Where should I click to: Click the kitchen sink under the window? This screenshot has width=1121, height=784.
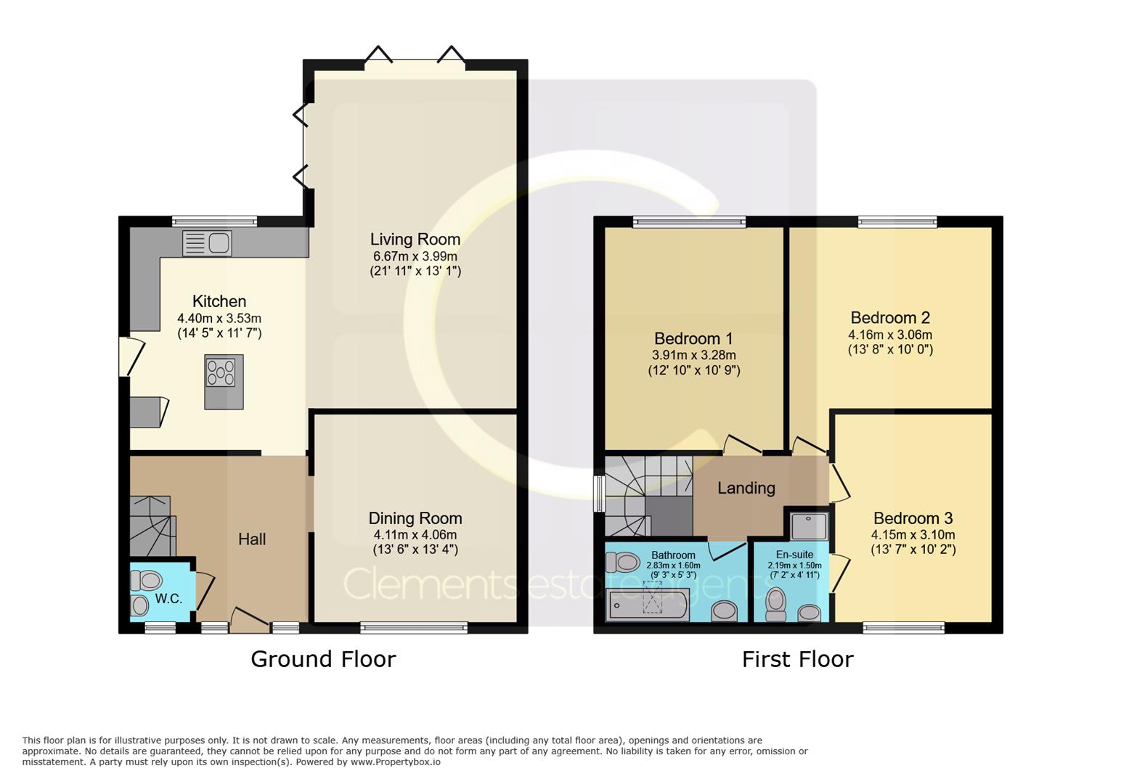tap(207, 243)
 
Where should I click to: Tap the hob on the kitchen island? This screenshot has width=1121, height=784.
tap(221, 372)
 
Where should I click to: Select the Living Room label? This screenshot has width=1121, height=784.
tap(415, 240)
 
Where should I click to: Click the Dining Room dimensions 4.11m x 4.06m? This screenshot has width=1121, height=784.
tap(415, 535)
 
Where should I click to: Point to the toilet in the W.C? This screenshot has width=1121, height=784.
tap(147, 581)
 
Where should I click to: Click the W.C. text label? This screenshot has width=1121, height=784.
tap(168, 599)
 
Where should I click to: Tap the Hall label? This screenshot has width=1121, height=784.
tap(252, 539)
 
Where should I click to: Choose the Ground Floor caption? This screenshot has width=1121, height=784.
tap(323, 659)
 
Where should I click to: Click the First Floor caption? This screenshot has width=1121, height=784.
tap(797, 659)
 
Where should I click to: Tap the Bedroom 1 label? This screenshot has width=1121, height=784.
tap(693, 339)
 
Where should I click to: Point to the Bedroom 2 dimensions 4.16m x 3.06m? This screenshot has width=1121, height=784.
tap(890, 335)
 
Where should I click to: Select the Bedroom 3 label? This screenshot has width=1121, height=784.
tap(913, 518)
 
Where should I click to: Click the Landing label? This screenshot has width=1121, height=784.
tap(746, 488)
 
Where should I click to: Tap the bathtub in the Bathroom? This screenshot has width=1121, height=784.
tap(648, 604)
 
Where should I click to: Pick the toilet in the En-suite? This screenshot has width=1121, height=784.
tap(775, 604)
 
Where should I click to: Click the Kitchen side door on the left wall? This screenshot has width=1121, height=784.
tap(131, 356)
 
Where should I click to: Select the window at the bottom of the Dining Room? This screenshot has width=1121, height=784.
tap(415, 628)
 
